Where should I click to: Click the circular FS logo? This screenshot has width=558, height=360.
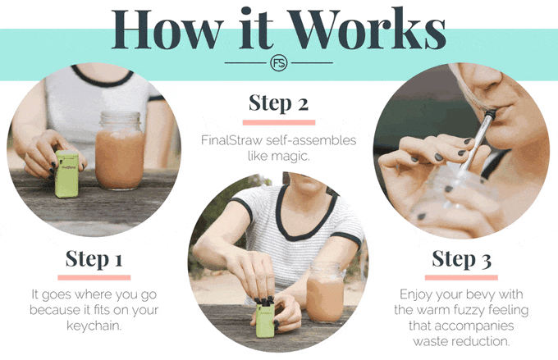[279, 63]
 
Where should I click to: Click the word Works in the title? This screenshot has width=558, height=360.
[368, 29]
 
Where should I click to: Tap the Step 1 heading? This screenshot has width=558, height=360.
[94, 258]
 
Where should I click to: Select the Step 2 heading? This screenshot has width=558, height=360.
[279, 103]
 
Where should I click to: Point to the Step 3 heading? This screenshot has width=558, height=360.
[461, 258]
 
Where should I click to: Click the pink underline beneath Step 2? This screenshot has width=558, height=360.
[279, 122]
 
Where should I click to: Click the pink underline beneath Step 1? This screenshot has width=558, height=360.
[94, 277]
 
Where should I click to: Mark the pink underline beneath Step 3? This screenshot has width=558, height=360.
[461, 277]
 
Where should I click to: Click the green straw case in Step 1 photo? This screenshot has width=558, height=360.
[67, 174]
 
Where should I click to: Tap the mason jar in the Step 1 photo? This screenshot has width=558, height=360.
[120, 150]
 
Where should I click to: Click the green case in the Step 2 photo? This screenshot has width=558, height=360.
[265, 318]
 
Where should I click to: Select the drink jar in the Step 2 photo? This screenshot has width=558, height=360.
[325, 293]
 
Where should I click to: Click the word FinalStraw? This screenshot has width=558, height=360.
[231, 140]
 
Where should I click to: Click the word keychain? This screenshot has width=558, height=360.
[94, 326]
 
